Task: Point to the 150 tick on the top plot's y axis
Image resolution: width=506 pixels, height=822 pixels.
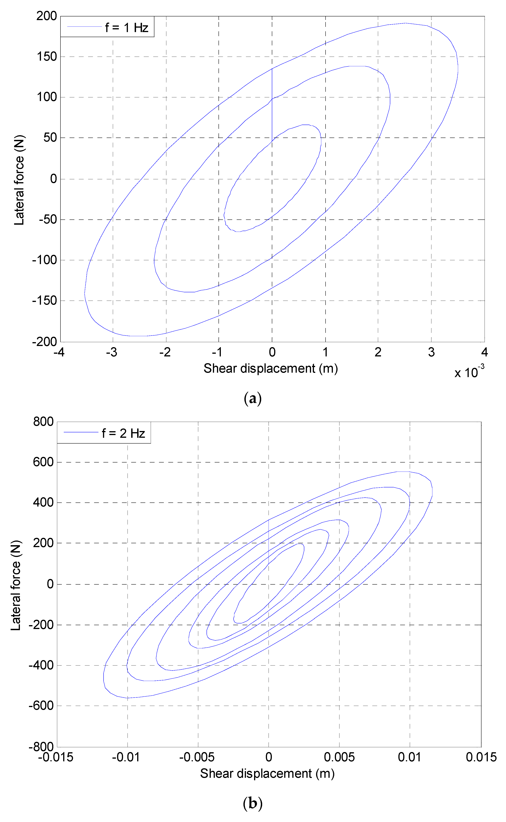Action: (x=47, y=57)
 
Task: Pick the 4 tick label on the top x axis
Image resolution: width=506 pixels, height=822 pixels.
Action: (x=484, y=352)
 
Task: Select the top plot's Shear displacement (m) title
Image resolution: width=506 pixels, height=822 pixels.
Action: (x=270, y=368)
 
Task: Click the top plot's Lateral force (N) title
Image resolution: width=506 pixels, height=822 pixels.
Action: (x=19, y=180)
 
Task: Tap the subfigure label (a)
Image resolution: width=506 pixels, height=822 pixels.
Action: (x=253, y=399)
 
